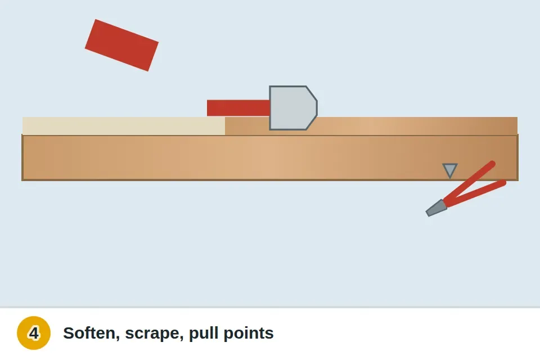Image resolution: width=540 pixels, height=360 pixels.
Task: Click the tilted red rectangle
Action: click(x=121, y=45)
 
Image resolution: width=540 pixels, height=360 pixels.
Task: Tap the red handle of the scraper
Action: click(x=238, y=108)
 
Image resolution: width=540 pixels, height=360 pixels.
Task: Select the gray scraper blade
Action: click(x=293, y=108)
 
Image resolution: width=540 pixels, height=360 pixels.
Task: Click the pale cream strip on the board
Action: click(x=124, y=126)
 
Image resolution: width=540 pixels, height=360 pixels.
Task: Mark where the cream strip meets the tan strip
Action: click(x=225, y=126)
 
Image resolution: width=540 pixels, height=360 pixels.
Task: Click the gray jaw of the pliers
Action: click(x=436, y=208)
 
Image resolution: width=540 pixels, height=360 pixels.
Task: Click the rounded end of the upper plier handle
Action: click(x=493, y=164)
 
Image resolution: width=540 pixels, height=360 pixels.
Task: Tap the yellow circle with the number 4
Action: click(x=34, y=333)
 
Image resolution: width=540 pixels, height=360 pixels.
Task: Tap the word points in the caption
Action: click(x=249, y=334)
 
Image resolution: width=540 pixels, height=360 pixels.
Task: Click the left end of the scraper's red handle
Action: click(x=208, y=108)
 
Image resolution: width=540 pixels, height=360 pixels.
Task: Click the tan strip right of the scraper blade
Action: click(x=417, y=126)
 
